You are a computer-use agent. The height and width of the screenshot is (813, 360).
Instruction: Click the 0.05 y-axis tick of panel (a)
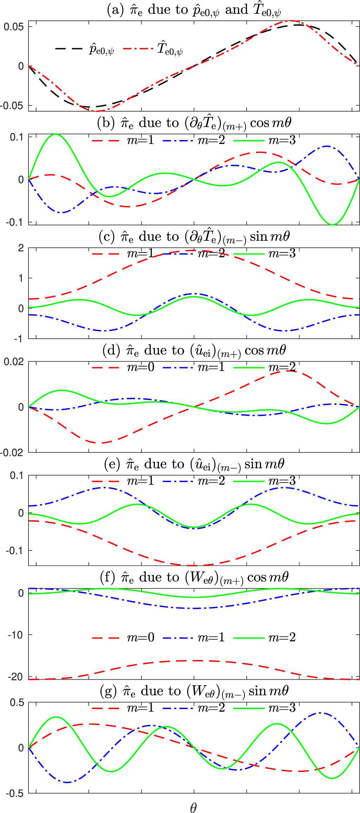pos(13,27)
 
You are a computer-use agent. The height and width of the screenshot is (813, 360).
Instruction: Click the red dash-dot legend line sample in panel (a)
pos(138,48)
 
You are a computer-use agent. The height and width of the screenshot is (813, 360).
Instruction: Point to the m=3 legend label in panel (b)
pos(282,140)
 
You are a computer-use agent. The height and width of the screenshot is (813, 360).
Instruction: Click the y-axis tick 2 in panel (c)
pos(21,248)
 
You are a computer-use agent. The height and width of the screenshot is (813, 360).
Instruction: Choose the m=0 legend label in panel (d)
pos(140,367)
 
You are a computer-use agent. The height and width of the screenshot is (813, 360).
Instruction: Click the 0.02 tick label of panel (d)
pos(13,362)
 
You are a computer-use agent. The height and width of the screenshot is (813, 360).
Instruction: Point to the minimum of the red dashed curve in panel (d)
pos(102,443)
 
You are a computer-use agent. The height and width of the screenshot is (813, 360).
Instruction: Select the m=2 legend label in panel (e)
pos(211,481)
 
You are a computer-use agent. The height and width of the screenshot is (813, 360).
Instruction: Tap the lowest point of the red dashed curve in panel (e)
pos(194,566)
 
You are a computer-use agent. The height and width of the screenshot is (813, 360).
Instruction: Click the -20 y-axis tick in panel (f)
pos(15,676)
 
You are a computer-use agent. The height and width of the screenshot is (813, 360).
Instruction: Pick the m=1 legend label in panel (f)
pos(211,637)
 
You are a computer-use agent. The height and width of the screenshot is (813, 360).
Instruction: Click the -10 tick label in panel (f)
pos(15,635)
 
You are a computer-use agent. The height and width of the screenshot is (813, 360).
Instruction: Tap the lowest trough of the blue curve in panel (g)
pos(67,782)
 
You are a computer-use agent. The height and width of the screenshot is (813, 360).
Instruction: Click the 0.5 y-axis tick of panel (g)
pos(17,702)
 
